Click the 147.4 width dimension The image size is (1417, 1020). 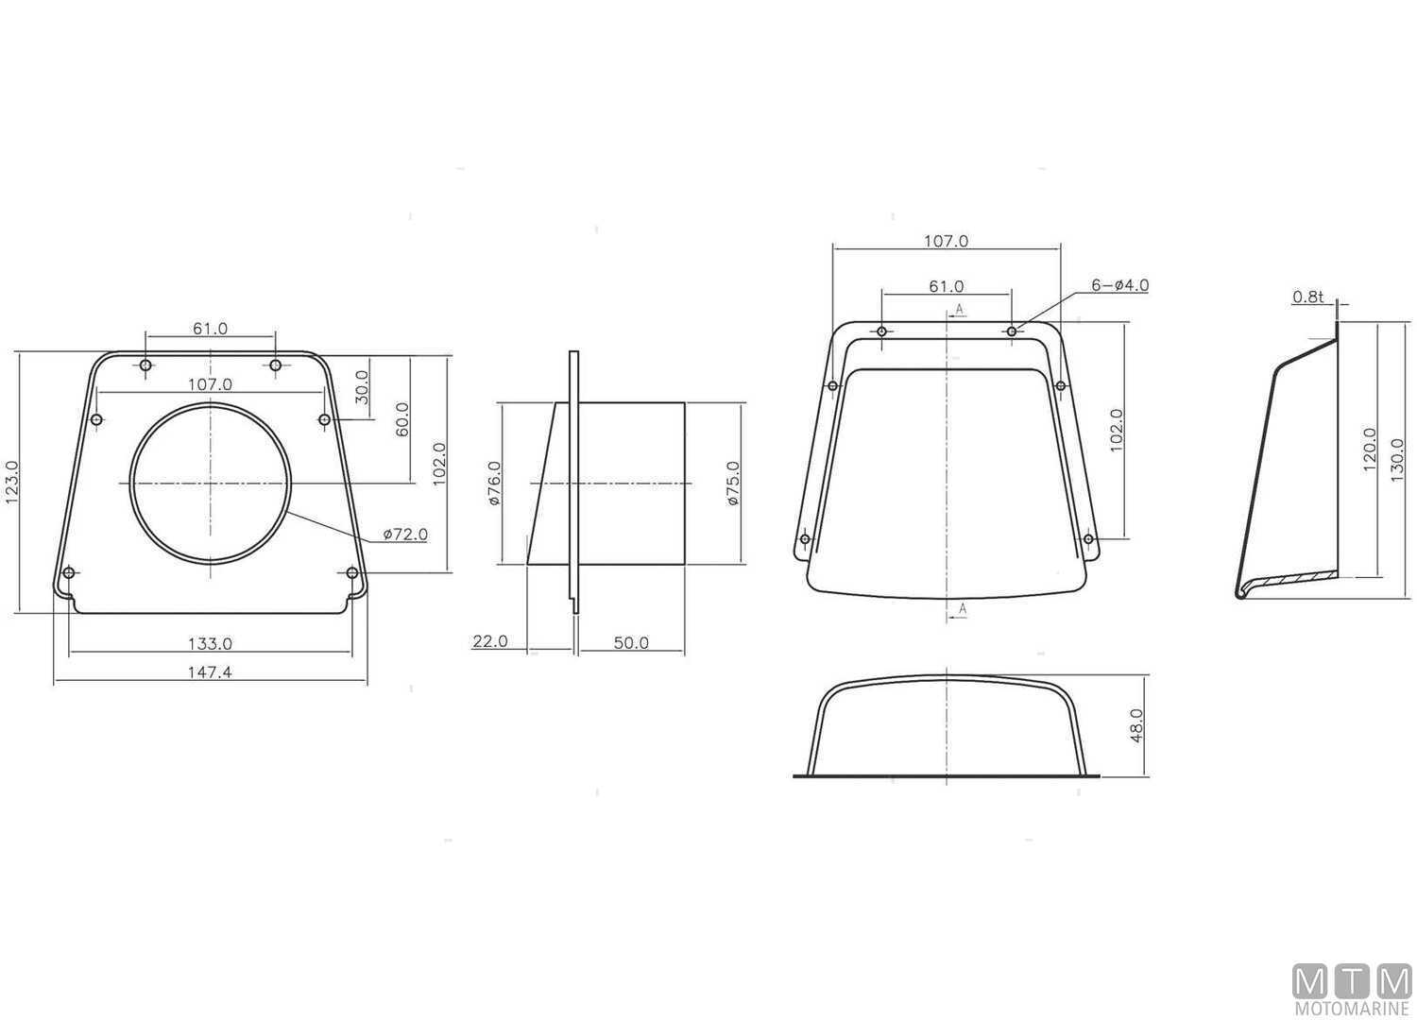[x=210, y=672]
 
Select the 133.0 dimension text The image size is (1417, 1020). [x=210, y=644]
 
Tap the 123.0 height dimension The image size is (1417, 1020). [x=12, y=483]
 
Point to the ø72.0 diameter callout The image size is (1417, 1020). [x=405, y=535]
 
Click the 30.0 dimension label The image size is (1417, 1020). [x=361, y=387]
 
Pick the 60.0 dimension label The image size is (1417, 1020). [x=401, y=419]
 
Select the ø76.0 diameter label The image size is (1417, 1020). [x=494, y=484]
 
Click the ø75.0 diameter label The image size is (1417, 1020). [x=732, y=484]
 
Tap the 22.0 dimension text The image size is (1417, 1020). [x=489, y=641]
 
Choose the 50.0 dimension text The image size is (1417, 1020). [x=631, y=643]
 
